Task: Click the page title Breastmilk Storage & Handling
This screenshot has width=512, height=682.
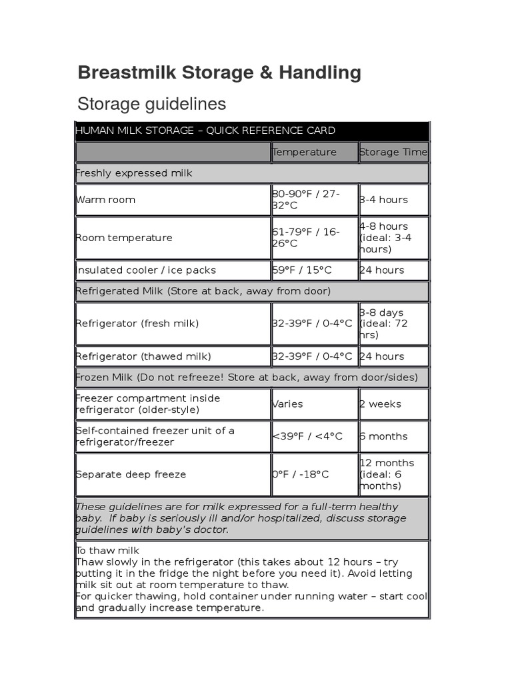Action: pos(219,73)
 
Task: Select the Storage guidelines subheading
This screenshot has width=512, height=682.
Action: pos(151,104)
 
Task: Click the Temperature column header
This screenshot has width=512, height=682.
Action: pos(305,153)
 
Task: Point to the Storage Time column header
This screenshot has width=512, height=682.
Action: pos(393,153)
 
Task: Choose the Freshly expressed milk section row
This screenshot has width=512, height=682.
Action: pos(134,173)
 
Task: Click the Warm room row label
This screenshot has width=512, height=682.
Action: pos(105,200)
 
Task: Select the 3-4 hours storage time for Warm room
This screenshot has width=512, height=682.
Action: pos(383,200)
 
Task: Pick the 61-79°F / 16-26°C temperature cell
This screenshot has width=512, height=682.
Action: pos(306,238)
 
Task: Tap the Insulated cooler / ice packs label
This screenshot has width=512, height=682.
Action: pos(145,270)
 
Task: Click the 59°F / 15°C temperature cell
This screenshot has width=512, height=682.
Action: pos(302,270)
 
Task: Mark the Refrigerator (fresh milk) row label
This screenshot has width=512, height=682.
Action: pos(137,324)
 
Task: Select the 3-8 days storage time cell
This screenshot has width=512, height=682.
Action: pos(383,324)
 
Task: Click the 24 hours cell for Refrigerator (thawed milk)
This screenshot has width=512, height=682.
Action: pos(382,356)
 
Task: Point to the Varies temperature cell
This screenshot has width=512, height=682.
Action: pos(287,404)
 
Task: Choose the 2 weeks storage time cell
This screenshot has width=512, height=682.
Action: pos(381,404)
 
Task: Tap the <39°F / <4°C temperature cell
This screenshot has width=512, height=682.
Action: pos(307,437)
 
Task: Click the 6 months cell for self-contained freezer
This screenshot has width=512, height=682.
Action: pos(383,437)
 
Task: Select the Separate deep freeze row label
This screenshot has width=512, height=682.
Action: pos(131,475)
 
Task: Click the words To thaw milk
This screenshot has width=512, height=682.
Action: pos(107,550)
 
